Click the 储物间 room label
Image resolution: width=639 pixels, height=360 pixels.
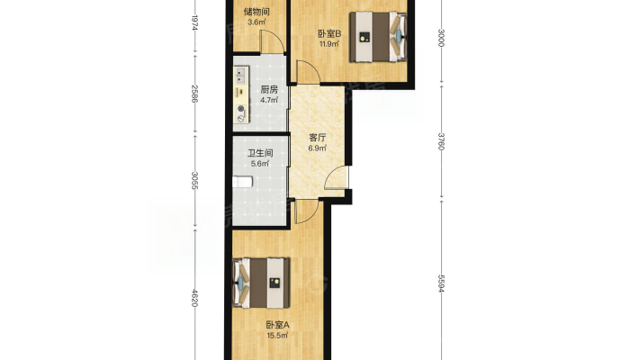coord(256,12)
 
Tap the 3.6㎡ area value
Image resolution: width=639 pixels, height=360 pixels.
coord(256,22)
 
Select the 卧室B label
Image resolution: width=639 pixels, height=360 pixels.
coord(329,34)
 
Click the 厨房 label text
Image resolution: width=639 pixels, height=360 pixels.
coord(269,89)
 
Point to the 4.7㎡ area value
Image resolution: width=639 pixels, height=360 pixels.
coord(269,100)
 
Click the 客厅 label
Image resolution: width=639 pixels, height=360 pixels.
coord(318,138)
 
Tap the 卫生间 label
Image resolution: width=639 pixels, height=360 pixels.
coord(260,153)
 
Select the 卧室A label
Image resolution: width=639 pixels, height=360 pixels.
coord(277,325)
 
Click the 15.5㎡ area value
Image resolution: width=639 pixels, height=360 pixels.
coord(277,336)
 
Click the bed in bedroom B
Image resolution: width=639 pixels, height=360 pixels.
coord(378,37)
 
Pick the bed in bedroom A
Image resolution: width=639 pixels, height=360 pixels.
coord(261,283)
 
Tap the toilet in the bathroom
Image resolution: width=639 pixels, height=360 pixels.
coord(242,182)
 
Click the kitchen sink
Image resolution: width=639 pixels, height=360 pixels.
coord(241,75)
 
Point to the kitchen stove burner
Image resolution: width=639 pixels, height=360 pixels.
coord(241,108)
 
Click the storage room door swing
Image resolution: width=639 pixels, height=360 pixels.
coord(272,41)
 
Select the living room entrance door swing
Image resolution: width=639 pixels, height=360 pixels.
coord(337,178)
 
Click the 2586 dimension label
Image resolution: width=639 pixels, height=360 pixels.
coord(194,94)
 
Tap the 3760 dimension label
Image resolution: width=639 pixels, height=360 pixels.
coord(441,141)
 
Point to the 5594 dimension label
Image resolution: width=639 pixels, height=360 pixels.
coord(441,283)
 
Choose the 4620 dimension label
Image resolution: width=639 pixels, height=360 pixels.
coord(194,298)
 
